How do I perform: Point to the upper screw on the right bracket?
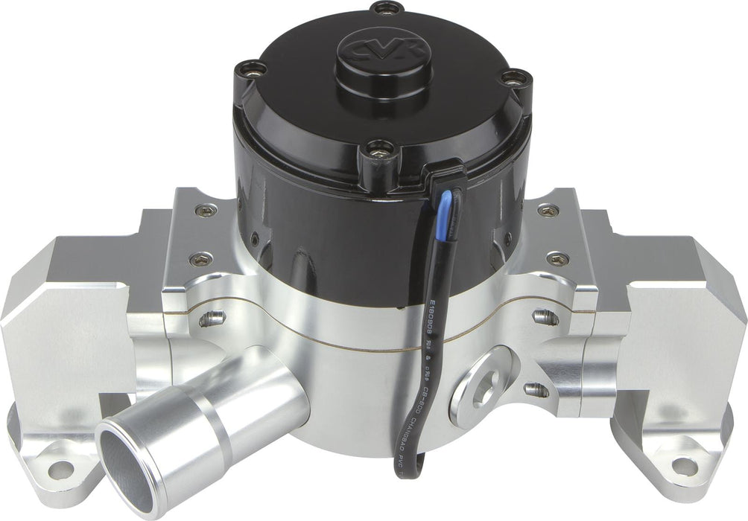(548, 211)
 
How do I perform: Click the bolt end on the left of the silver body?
(213, 319)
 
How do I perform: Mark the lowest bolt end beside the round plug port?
(536, 390)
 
